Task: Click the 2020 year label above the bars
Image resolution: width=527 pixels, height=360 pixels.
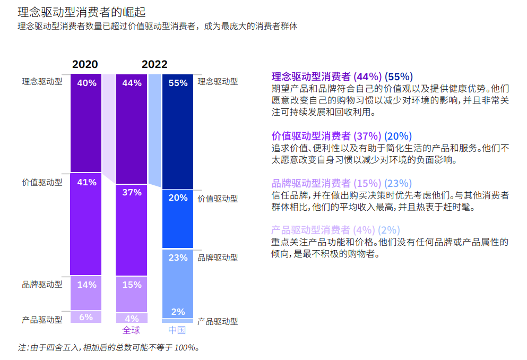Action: pyautogui.click(x=85, y=64)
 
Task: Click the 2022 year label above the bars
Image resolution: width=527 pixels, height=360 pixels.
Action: pyautogui.click(x=154, y=64)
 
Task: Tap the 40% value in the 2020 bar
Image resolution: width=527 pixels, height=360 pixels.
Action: pyautogui.click(x=86, y=83)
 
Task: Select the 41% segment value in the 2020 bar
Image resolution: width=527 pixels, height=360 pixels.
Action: pyautogui.click(x=86, y=182)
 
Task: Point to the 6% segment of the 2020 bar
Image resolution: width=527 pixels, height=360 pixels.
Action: pyautogui.click(x=86, y=317)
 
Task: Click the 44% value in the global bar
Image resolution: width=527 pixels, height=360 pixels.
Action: pyautogui.click(x=132, y=83)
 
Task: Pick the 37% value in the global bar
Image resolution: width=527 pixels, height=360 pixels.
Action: pyautogui.click(x=132, y=192)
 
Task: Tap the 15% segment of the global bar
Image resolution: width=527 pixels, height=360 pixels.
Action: pyautogui.click(x=132, y=285)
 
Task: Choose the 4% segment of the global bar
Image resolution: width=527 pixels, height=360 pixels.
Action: pyautogui.click(x=132, y=319)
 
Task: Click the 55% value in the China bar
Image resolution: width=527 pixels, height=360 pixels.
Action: pyautogui.click(x=178, y=83)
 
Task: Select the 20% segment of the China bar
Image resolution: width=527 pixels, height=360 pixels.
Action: pyautogui.click(x=178, y=198)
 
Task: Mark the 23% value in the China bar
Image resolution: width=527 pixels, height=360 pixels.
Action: pyautogui.click(x=178, y=258)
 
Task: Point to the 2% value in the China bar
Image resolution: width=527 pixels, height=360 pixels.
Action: pyautogui.click(x=178, y=312)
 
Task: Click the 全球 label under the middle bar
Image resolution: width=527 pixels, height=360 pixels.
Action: pyautogui.click(x=131, y=330)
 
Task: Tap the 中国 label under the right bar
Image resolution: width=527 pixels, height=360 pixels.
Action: pyautogui.click(x=177, y=330)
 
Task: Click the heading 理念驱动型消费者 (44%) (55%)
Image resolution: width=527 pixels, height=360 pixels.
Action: pyautogui.click(x=342, y=76)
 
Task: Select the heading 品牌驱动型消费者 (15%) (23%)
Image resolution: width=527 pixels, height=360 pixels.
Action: pyautogui.click(x=342, y=183)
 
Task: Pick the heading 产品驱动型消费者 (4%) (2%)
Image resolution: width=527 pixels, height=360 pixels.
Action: pyautogui.click(x=335, y=230)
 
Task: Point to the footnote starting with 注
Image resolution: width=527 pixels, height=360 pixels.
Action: pyautogui.click(x=109, y=348)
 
